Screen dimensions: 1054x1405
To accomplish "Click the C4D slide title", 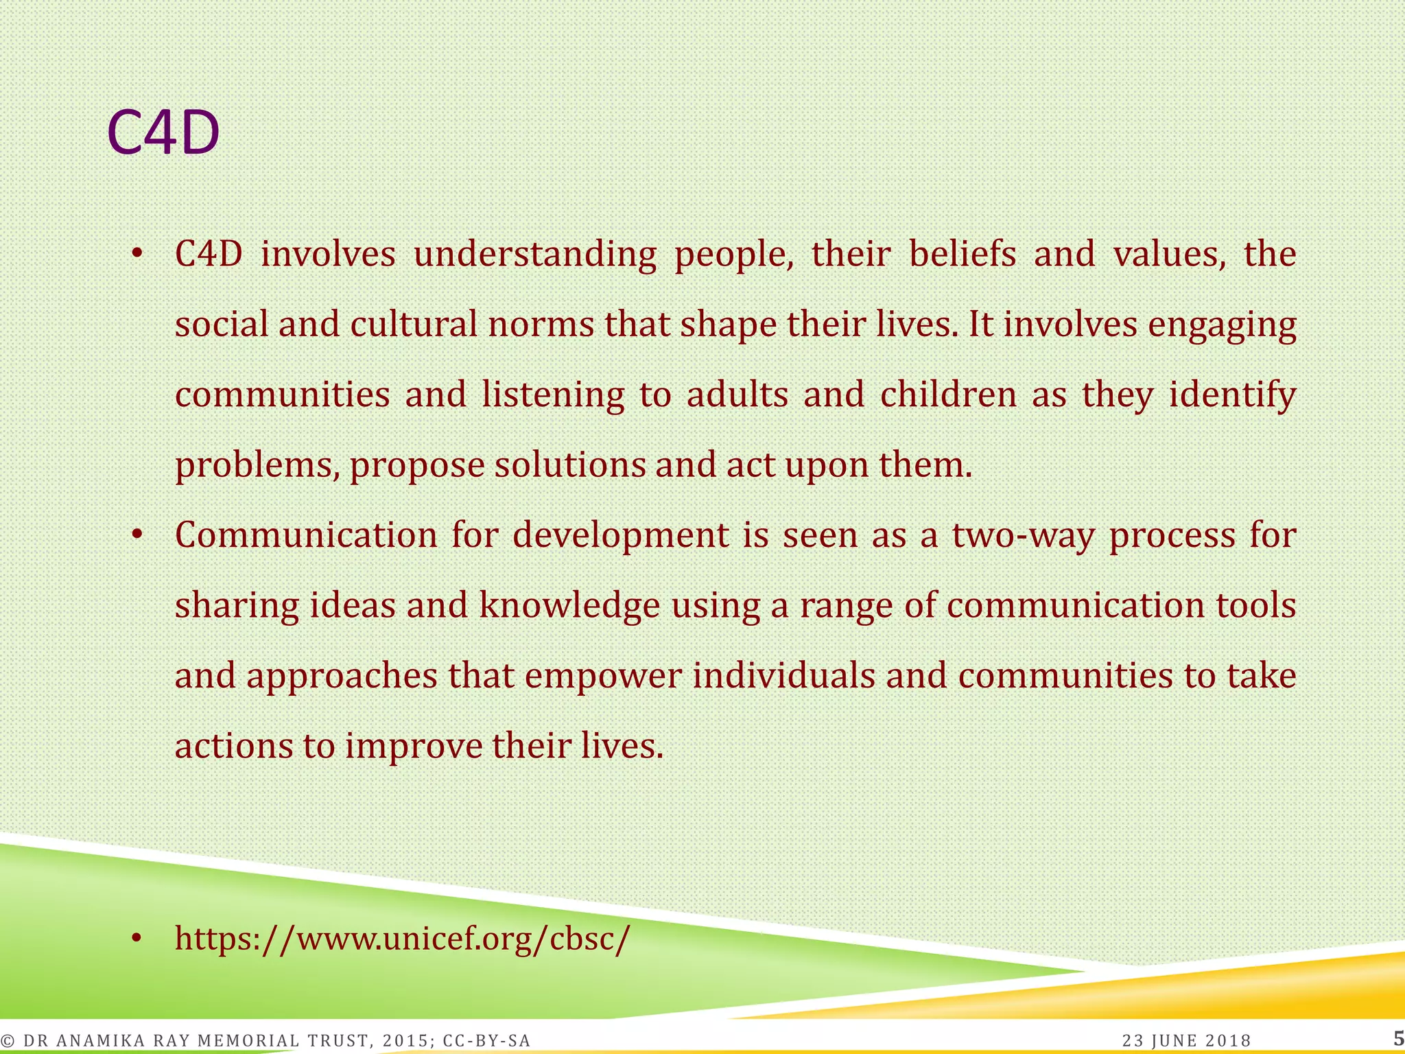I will pyautogui.click(x=163, y=132).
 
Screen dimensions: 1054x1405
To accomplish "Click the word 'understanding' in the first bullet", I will pyautogui.click(x=534, y=255).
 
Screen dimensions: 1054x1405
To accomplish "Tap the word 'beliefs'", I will pyautogui.click(x=962, y=254).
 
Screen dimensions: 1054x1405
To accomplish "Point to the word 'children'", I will pyautogui.click(x=948, y=395).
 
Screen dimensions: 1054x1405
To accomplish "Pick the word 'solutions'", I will pyautogui.click(x=570, y=465).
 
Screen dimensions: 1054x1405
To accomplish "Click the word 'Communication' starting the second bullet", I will pyautogui.click(x=306, y=535).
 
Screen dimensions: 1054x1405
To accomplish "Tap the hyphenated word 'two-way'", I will pyautogui.click(x=1023, y=536).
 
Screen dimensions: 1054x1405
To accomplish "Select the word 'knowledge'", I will pyautogui.click(x=569, y=606).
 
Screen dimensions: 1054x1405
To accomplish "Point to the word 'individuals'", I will pyautogui.click(x=783, y=676).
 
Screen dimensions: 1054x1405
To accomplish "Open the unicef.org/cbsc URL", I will pyautogui.click(x=401, y=939).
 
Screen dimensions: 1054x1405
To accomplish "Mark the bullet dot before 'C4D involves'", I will pyautogui.click(x=137, y=255).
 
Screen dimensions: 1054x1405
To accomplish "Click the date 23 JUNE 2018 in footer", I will pyautogui.click(x=1186, y=1041).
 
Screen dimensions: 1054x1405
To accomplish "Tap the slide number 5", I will pyautogui.click(x=1398, y=1038).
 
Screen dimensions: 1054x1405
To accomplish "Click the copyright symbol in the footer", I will pyautogui.click(x=8, y=1041).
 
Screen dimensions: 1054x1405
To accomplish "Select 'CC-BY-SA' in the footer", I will pyautogui.click(x=486, y=1041).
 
